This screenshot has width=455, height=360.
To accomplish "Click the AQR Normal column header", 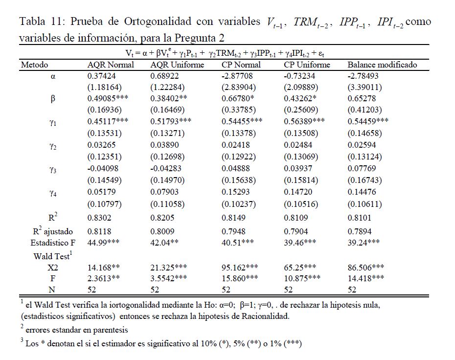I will coord(111,65).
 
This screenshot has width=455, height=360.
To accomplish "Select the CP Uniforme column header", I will coord(307,65).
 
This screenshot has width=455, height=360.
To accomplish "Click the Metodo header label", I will coord(34,65).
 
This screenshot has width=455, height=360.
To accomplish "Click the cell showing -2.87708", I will coord(238,76).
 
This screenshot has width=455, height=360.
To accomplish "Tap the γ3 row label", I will coord(53,170).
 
